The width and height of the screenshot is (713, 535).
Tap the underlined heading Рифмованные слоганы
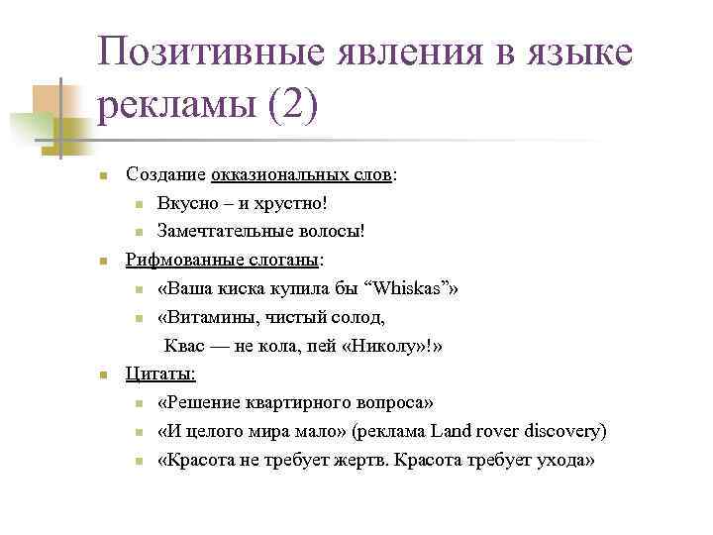[x=223, y=260]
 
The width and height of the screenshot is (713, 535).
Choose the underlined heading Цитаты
[x=160, y=374]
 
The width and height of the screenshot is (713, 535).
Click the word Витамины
[x=205, y=317]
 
